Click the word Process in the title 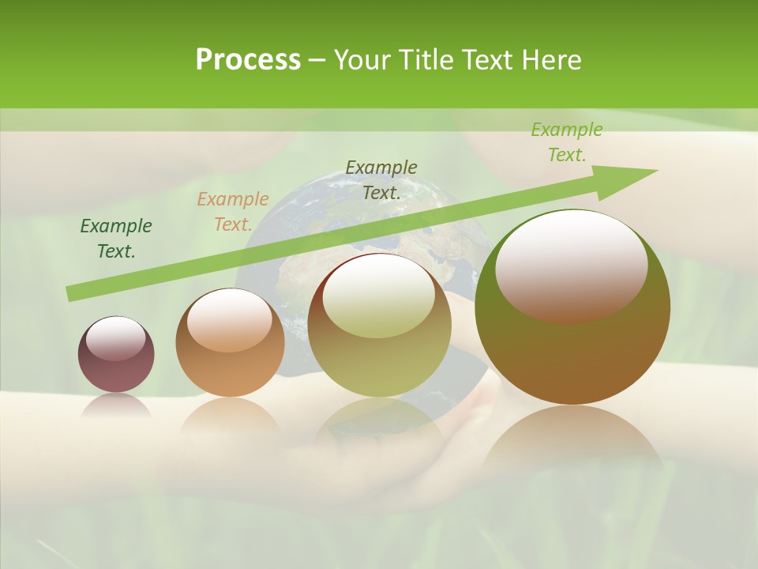click(248, 60)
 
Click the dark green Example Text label click(116, 239)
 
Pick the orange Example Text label click(232, 212)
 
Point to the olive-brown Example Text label click(381, 179)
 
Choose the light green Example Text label click(566, 142)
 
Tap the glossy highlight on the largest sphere click(571, 265)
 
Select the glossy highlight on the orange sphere click(229, 320)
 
